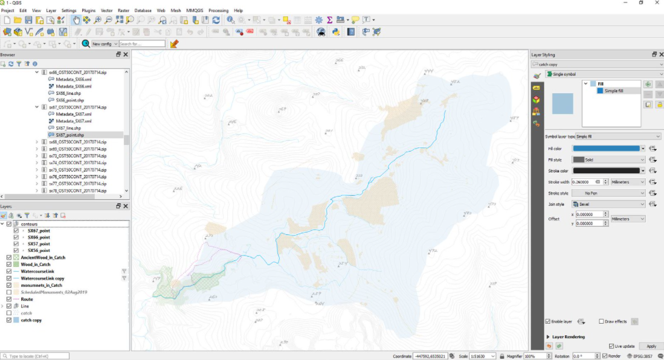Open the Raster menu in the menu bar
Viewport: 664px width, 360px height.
pos(123,10)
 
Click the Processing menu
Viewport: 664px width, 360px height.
pos(218,10)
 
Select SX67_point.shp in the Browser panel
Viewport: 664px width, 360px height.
pos(69,135)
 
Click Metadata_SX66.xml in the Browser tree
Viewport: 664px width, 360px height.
pos(73,86)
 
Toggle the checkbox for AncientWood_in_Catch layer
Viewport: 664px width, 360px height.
pos(8,257)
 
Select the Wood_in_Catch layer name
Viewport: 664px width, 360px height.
pos(35,265)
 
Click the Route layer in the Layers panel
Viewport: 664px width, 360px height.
pos(27,299)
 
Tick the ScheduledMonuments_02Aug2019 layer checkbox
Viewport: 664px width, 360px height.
pos(8,292)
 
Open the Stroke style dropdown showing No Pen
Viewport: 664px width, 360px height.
pos(608,193)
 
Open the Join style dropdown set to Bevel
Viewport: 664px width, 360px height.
pos(608,205)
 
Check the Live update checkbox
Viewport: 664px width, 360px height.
pos(611,346)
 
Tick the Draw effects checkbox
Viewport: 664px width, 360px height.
pos(601,321)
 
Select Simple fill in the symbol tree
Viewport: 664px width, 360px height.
pos(614,91)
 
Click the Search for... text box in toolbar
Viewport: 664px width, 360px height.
pos(142,44)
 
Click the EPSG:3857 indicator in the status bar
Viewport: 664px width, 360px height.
pos(649,356)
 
